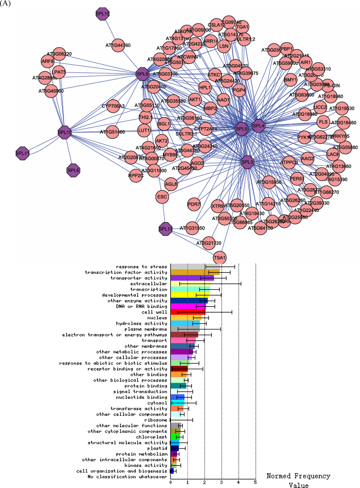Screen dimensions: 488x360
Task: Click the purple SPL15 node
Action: (x=103, y=14)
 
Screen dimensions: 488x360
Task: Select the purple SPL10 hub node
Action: (x=65, y=132)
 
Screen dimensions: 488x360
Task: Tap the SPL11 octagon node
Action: (x=22, y=153)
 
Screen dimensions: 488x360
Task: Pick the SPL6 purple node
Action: (x=73, y=171)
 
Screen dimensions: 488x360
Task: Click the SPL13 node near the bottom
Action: (x=166, y=229)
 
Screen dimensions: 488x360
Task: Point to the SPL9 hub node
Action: (x=142, y=74)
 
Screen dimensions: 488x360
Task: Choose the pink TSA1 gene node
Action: (x=220, y=258)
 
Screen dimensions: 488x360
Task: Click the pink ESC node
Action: (x=162, y=197)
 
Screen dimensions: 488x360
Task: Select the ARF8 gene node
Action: (x=48, y=61)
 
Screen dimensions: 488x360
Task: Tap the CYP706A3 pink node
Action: (x=113, y=106)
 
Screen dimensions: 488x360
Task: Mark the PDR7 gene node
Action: (x=194, y=204)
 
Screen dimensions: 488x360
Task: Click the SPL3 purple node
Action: (x=247, y=162)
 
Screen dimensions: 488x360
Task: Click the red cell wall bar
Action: (x=188, y=312)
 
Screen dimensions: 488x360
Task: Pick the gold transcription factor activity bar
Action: (x=195, y=272)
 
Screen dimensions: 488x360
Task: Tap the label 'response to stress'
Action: (x=141, y=267)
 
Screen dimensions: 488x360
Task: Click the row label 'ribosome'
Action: (x=156, y=420)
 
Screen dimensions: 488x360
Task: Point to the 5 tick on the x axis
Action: (x=256, y=482)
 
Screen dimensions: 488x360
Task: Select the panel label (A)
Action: (x=6, y=4)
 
